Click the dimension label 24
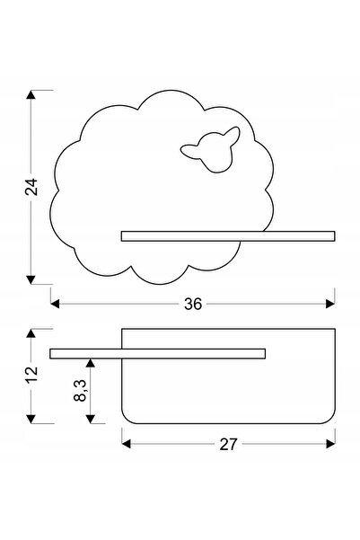31,187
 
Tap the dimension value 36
193,304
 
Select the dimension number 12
31,375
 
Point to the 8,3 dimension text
81,391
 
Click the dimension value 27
228,444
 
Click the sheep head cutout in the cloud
211,149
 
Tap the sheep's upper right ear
233,134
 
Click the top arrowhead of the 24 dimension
31,94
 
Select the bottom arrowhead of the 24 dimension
31,280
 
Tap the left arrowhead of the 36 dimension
55,304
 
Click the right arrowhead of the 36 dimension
330,304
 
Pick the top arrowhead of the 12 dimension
31,333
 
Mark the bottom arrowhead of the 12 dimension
31,419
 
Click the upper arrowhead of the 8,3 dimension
90,363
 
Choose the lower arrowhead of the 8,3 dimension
90,419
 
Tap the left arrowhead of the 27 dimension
127,444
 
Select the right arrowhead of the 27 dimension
330,444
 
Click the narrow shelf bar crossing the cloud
228,236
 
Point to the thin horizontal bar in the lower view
158,354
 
